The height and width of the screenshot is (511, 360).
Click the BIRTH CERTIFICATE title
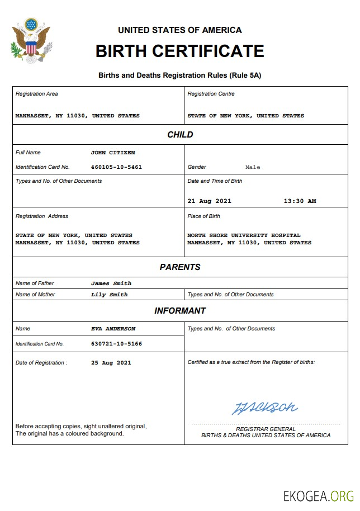point(179,51)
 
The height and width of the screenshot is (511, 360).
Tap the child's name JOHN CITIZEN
point(113,153)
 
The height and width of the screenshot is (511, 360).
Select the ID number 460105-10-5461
point(116,167)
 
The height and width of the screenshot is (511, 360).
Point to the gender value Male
point(253,167)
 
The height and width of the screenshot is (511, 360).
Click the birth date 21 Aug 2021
point(209,201)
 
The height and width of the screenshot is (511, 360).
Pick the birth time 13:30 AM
point(300,201)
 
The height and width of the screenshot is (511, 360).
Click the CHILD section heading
point(180,135)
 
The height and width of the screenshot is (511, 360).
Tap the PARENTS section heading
point(180,267)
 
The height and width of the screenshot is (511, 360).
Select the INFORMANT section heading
point(180,311)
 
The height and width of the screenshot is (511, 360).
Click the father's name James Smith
point(111,283)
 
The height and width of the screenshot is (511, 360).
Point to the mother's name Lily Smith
point(109,295)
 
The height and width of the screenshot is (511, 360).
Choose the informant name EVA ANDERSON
point(113,329)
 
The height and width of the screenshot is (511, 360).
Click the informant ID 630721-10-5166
point(116,344)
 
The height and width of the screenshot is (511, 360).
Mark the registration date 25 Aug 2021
point(111,363)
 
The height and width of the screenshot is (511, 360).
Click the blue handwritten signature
point(264,408)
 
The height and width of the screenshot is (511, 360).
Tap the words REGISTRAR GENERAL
point(266,429)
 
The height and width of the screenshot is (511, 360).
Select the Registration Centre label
point(211,94)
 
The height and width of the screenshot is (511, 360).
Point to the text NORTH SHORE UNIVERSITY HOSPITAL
point(244,235)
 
